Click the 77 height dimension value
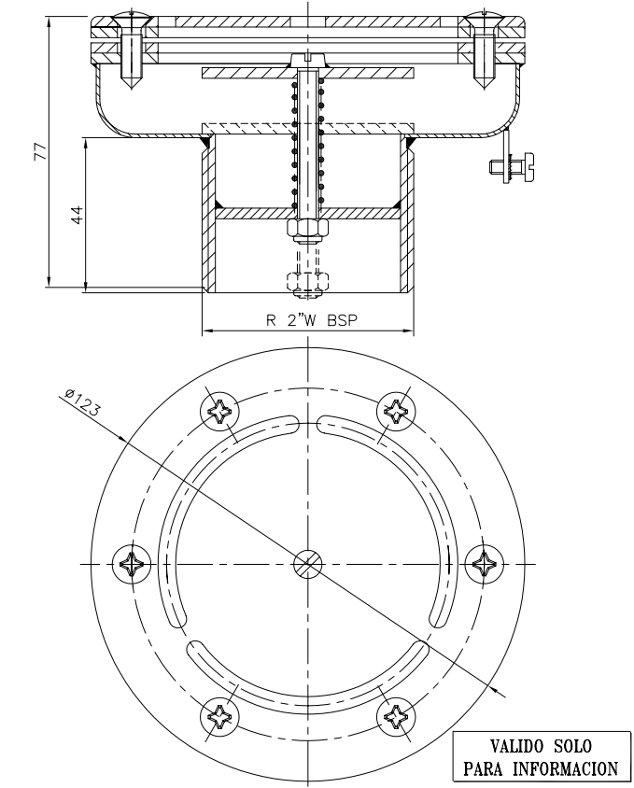(x=40, y=152)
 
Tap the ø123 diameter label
(x=83, y=401)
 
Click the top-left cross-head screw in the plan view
(x=220, y=411)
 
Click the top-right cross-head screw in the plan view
(x=396, y=411)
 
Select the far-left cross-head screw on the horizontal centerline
(x=132, y=563)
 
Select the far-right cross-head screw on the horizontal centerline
(x=484, y=563)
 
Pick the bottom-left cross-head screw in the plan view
(x=220, y=716)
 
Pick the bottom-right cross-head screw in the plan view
(x=396, y=716)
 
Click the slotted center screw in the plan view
(x=308, y=563)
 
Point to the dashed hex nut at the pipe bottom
(x=308, y=280)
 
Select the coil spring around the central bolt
(x=308, y=140)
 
